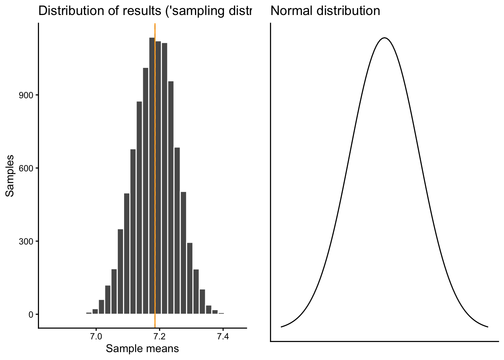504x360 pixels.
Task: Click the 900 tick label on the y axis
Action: click(27, 95)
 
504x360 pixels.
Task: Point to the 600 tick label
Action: click(27, 168)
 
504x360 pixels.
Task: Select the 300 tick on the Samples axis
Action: click(27, 241)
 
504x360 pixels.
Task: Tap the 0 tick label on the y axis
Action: click(31, 314)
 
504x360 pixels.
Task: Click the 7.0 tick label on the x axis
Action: click(96, 337)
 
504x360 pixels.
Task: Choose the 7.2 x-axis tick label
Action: click(160, 337)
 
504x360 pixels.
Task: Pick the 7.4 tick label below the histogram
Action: click(223, 337)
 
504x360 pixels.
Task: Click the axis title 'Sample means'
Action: click(142, 349)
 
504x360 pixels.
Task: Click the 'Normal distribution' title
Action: click(325, 11)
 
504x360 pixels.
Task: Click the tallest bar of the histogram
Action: click(152, 176)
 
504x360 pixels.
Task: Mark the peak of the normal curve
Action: click(384, 38)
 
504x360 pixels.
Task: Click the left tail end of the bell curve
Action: click(282, 327)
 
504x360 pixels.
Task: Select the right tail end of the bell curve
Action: click(487, 327)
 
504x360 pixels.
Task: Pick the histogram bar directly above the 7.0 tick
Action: click(95, 311)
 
